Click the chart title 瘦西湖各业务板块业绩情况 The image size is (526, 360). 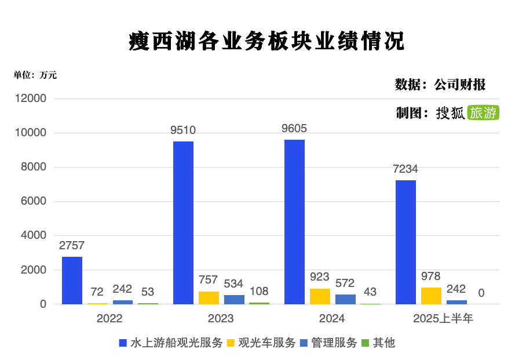tap(266, 41)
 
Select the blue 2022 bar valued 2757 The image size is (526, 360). tap(72, 281)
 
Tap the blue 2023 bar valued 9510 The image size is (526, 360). tap(183, 223)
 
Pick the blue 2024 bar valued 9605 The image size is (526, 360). tap(294, 222)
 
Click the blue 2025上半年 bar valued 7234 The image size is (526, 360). tap(406, 242)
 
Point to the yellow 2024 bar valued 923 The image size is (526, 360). tap(320, 296)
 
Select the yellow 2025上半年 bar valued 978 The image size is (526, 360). tap(431, 296)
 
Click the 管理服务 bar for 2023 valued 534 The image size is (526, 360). tap(234, 299)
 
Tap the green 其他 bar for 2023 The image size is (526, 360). tap(259, 303)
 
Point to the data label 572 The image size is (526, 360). tap(345, 283)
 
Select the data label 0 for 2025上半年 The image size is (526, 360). tap(481, 293)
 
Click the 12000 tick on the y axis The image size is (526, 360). tap(34, 99)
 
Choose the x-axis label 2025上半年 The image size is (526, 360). tap(443, 319)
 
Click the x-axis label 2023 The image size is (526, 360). tap(221, 319)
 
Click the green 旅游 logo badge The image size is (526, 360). tap(483, 112)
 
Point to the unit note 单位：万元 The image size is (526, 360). tap(35, 75)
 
